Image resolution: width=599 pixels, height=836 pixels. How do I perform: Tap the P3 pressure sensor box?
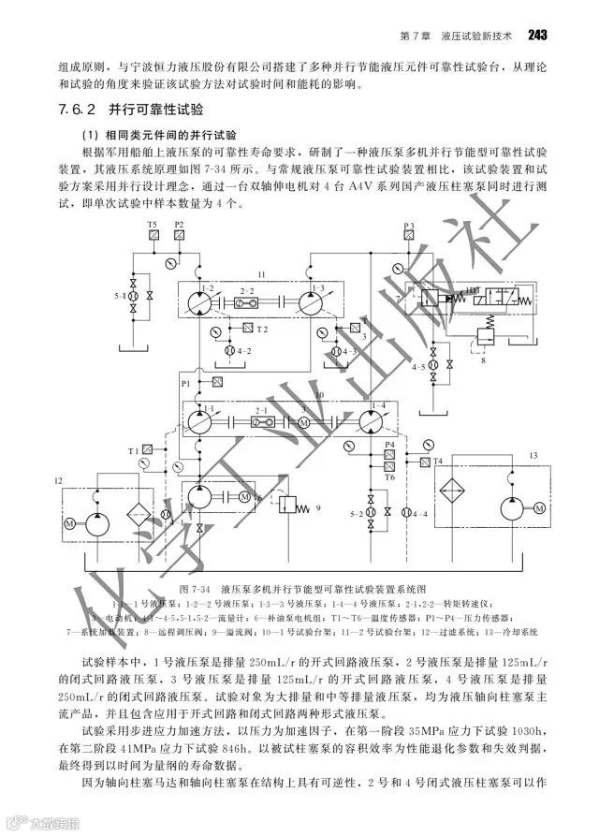click(x=409, y=240)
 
